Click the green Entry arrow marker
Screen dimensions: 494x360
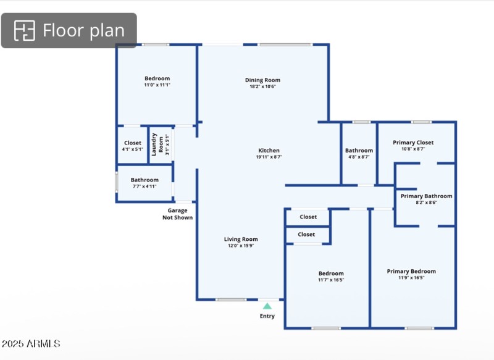[267, 306]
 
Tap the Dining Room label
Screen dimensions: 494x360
[262, 80]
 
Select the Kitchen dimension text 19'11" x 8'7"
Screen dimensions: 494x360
[269, 157]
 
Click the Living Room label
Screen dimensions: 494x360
[241, 239]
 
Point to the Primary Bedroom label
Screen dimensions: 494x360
[411, 271]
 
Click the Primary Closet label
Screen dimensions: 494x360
[413, 143]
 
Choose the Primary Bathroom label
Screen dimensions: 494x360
[426, 196]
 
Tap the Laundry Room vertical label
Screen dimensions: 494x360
[157, 144]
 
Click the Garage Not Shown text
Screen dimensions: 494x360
[177, 214]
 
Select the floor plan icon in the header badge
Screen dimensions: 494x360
[25, 30]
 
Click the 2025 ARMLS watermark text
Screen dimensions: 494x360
[31, 343]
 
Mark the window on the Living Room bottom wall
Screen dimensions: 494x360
[231, 299]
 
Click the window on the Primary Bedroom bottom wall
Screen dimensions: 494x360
[419, 328]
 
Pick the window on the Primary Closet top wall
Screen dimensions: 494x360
[421, 122]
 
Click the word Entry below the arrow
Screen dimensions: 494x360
[267, 316]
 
